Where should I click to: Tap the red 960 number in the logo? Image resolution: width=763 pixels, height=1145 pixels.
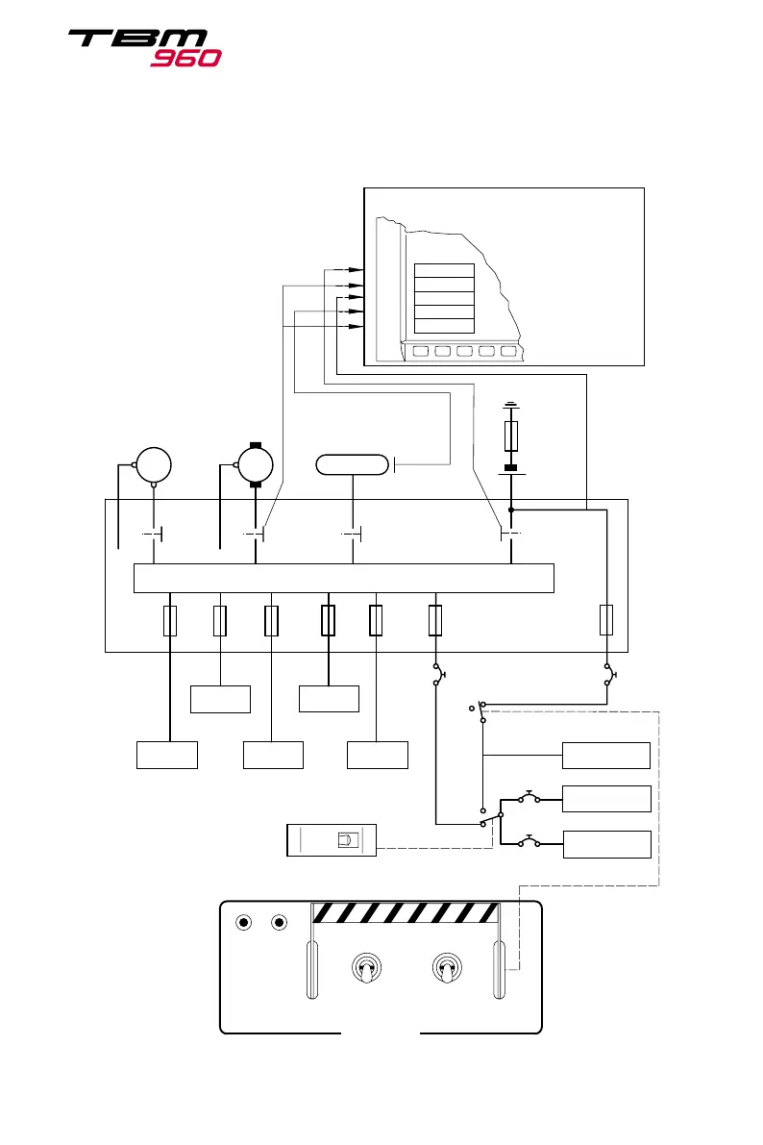[x=186, y=58]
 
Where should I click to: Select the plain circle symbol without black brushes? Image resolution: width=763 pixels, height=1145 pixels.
[x=153, y=464]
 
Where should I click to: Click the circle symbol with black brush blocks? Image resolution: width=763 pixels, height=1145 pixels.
[x=256, y=465]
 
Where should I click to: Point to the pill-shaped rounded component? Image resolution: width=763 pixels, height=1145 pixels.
[x=353, y=465]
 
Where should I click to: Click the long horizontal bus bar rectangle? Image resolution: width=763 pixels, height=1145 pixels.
[x=343, y=578]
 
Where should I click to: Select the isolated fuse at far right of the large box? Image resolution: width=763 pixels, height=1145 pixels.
[x=606, y=620]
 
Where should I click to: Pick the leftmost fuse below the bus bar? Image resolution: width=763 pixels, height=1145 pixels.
[x=170, y=621]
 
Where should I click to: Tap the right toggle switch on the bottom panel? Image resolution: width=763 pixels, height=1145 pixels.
[x=445, y=967]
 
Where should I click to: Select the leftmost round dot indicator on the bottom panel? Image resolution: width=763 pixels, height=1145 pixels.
[x=244, y=923]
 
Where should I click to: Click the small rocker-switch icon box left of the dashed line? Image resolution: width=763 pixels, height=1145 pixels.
[x=332, y=839]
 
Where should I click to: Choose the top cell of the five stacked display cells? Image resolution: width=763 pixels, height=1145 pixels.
[x=443, y=270]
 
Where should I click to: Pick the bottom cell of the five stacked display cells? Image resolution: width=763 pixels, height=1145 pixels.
[x=443, y=325]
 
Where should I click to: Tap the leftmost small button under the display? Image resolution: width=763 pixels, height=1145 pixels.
[x=420, y=351]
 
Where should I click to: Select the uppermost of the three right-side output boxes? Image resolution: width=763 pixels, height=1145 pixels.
[x=605, y=756]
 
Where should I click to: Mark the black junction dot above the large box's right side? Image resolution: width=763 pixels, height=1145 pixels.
[x=511, y=510]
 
